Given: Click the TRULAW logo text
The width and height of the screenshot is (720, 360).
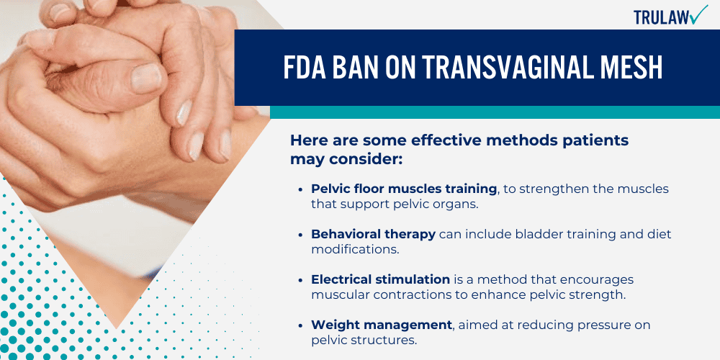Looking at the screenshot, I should (x=661, y=17).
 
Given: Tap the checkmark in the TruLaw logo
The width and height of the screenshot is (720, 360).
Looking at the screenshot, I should (x=699, y=14).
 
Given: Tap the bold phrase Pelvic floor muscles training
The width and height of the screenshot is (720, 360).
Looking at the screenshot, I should (x=404, y=188).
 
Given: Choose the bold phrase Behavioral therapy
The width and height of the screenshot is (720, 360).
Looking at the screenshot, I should (x=372, y=234).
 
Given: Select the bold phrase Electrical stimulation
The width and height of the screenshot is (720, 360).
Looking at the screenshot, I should (x=381, y=279).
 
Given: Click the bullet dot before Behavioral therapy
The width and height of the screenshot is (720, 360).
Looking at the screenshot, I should (x=301, y=235).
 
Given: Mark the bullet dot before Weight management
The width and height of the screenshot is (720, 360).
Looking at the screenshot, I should (x=301, y=326).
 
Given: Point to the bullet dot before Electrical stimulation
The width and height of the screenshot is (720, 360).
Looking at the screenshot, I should (x=301, y=280).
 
